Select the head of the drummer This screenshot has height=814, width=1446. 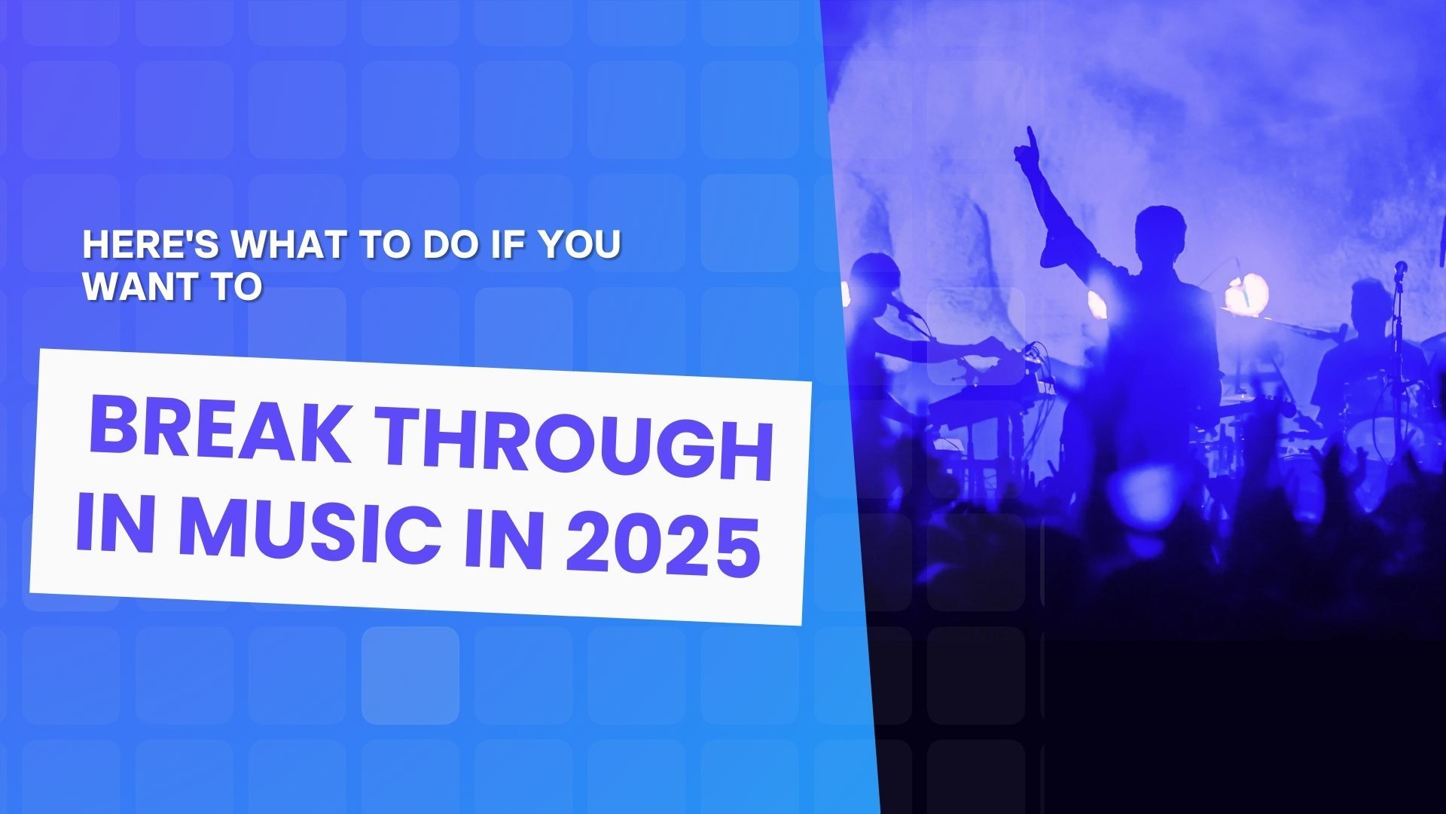(x=1370, y=302)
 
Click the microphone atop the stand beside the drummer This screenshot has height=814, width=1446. (x=1400, y=268)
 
